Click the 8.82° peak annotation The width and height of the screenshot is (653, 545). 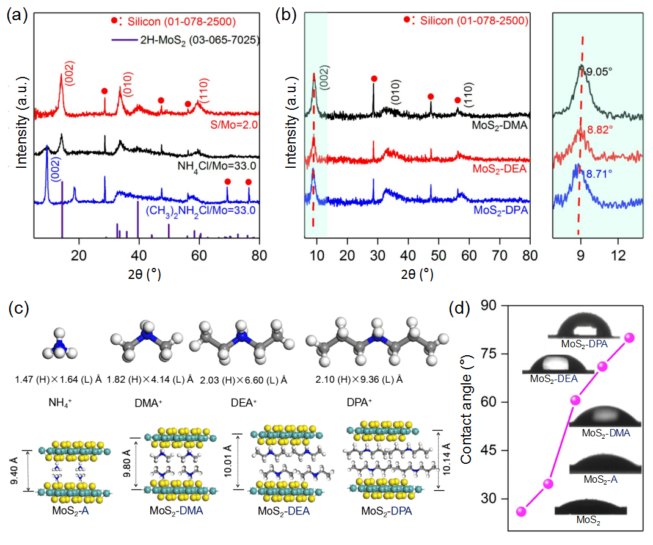(599, 129)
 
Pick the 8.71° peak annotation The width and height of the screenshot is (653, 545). (599, 174)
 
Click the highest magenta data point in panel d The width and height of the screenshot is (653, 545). (630, 337)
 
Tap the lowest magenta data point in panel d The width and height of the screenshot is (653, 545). (521, 511)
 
